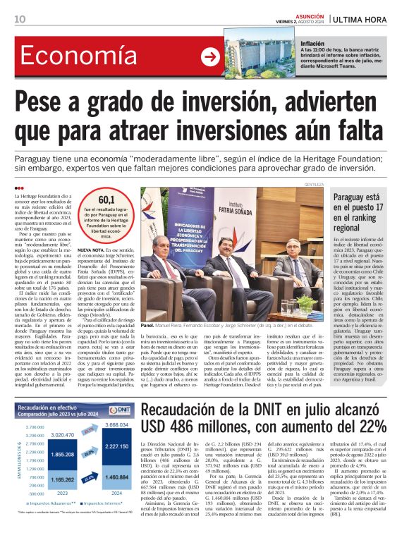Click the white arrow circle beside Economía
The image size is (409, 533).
click(x=210, y=57)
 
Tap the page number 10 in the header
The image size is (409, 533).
click(x=20, y=19)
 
